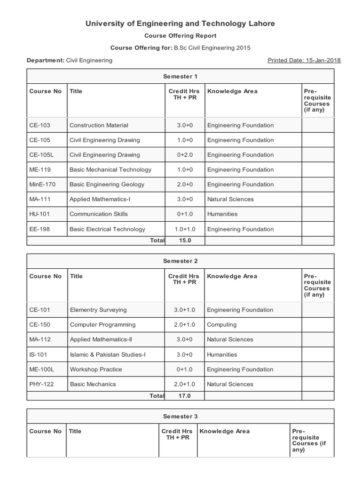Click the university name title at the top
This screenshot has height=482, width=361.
[180, 24]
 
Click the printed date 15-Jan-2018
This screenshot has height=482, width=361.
[304, 60]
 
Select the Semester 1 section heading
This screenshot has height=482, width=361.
[180, 76]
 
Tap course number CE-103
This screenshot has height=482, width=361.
[40, 125]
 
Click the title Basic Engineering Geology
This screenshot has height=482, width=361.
[107, 185]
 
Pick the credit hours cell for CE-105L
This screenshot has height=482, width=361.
[185, 155]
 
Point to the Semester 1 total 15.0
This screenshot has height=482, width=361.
[185, 241]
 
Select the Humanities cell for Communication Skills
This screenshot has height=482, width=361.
[222, 214]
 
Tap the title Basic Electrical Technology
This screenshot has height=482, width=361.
[107, 229]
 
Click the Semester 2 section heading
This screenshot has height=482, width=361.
[180, 261]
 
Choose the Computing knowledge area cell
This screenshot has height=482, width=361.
[222, 325]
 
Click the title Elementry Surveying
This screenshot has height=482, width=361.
[98, 310]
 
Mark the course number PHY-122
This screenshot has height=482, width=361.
[42, 384]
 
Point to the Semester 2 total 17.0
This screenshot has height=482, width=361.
[185, 396]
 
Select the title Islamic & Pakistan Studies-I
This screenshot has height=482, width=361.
[108, 354]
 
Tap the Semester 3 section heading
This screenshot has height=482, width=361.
[180, 417]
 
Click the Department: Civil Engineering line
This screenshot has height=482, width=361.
[70, 60]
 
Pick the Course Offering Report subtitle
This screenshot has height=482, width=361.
[180, 36]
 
